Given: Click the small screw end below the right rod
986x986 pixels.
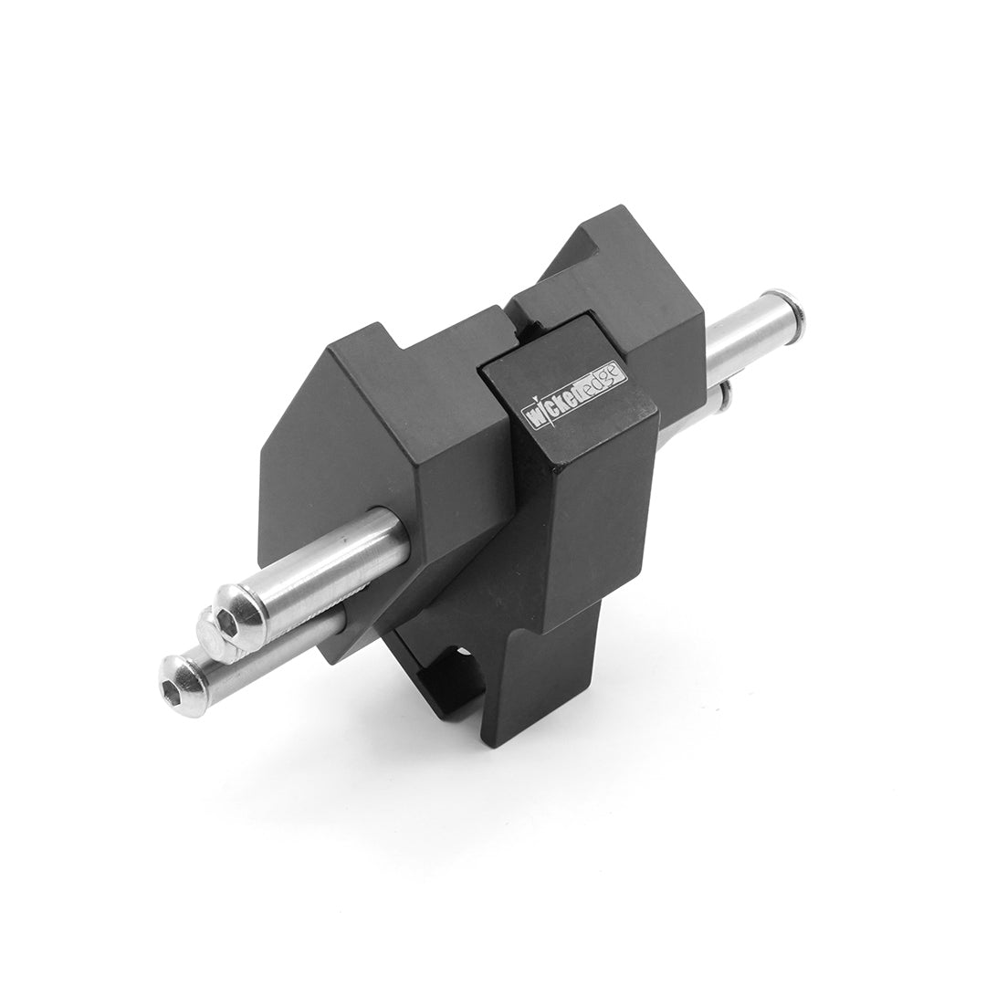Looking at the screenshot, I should coord(727,394).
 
